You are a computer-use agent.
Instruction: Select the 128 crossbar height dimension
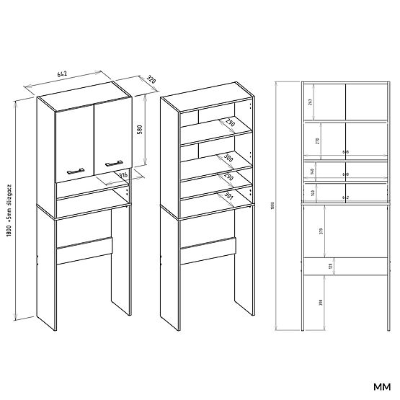(x=331, y=267)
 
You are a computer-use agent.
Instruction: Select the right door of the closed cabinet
(x=111, y=133)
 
